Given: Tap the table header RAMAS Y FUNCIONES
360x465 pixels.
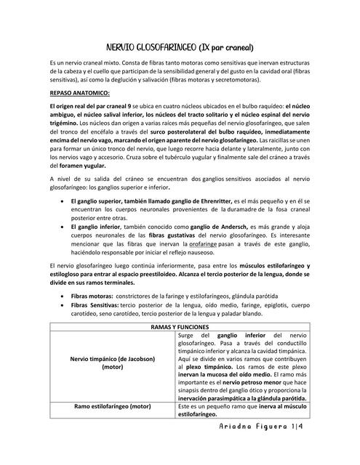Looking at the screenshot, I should pyautogui.click(x=180, y=328).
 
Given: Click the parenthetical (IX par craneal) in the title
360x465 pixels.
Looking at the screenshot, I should pyautogui.click(x=226, y=47).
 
